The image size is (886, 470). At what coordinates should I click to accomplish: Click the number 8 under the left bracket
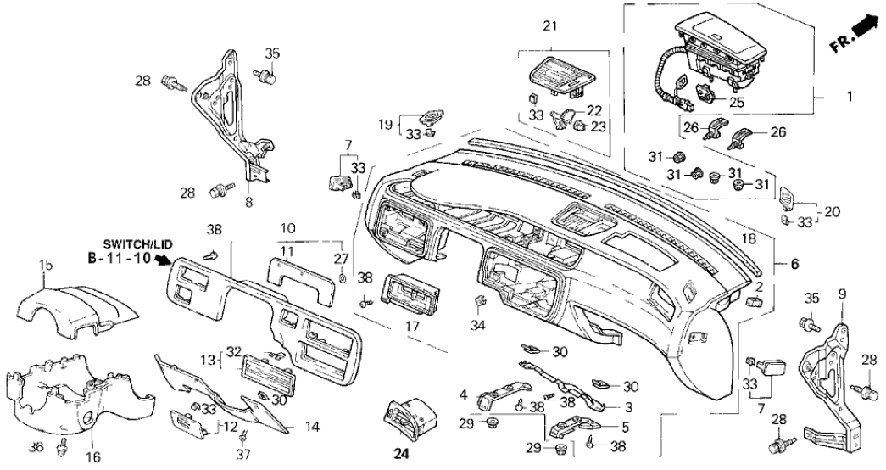tap(249, 204)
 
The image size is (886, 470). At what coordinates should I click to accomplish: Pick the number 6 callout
tap(794, 264)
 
